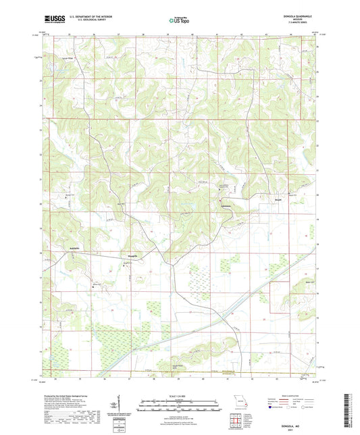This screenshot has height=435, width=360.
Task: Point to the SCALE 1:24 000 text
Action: [x=179, y=395]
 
